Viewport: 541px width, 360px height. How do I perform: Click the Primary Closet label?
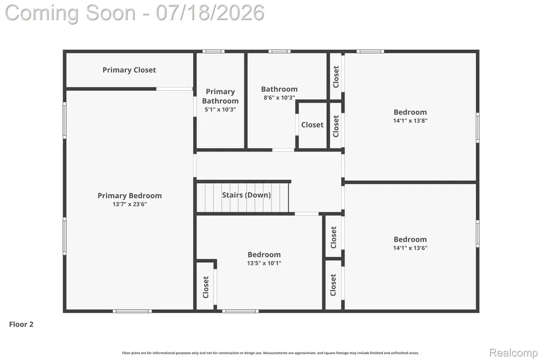(129, 70)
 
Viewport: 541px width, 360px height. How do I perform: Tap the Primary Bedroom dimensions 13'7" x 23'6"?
(130, 204)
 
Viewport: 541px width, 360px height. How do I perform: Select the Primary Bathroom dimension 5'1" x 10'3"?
(220, 110)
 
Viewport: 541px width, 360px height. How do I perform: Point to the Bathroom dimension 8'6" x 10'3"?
(279, 98)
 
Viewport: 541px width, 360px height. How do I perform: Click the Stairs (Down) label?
(246, 195)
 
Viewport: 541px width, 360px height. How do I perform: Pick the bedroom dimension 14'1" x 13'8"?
(410, 121)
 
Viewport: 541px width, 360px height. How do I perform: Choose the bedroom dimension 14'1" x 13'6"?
(410, 248)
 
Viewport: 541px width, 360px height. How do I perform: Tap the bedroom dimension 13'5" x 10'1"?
(264, 263)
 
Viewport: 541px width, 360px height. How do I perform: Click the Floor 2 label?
(21, 324)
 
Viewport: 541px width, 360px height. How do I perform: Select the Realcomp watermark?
(514, 353)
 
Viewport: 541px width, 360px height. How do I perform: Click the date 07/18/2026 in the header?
(210, 13)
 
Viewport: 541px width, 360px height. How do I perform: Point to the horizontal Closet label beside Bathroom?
(312, 125)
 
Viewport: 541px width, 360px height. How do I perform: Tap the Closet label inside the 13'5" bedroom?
(206, 287)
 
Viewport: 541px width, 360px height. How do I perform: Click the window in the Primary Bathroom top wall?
(213, 51)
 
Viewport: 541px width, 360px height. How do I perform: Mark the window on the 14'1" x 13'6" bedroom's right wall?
(478, 234)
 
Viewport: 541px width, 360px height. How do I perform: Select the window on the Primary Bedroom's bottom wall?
(132, 311)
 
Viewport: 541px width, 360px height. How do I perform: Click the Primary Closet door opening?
(174, 89)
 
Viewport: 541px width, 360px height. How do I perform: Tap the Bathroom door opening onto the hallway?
(283, 150)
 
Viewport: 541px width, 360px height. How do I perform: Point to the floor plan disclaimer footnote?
(270, 353)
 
